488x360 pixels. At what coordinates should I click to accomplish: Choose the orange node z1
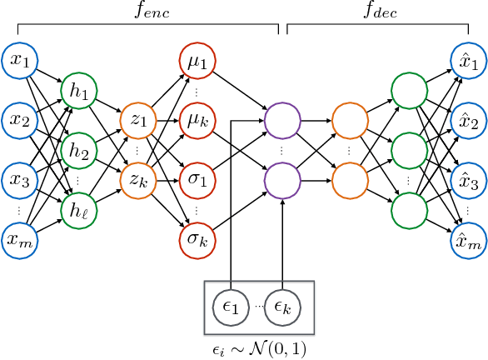[137, 120]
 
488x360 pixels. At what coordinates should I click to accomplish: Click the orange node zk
[137, 180]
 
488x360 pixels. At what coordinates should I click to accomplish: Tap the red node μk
[197, 120]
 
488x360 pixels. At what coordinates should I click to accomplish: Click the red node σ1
[197, 180]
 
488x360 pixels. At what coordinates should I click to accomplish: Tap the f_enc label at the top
[148, 12]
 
